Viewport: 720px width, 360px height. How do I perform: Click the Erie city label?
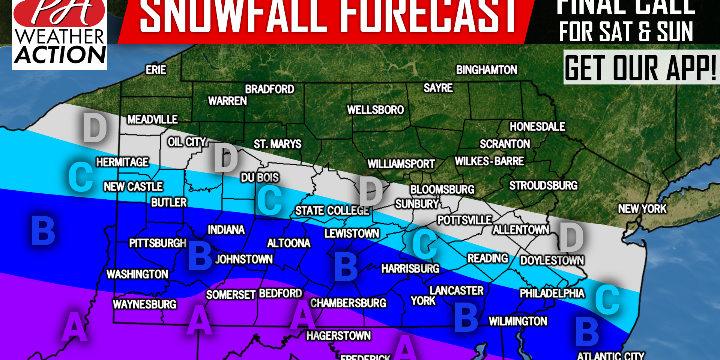point(156,70)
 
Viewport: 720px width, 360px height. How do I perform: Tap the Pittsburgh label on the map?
point(158,243)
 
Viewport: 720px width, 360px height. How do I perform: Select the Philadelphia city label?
point(552,293)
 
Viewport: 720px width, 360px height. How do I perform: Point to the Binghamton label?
point(486,70)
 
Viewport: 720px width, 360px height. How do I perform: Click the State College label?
point(332,210)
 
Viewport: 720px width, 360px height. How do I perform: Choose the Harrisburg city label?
point(410,268)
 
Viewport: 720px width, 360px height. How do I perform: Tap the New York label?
point(642,209)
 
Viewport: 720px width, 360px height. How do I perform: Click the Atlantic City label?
point(610,355)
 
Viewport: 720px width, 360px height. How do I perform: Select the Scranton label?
point(505,144)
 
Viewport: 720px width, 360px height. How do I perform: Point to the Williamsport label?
point(401,164)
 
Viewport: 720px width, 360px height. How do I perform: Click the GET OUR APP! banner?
point(641,68)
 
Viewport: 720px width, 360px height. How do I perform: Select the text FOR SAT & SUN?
point(626,32)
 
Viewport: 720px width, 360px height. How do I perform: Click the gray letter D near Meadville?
point(95,128)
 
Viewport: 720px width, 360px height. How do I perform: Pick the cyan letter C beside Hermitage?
point(81,177)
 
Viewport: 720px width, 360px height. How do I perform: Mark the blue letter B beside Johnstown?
point(200,256)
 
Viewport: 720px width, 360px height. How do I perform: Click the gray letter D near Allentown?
point(571,237)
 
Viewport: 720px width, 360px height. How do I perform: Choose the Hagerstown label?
point(338,336)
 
